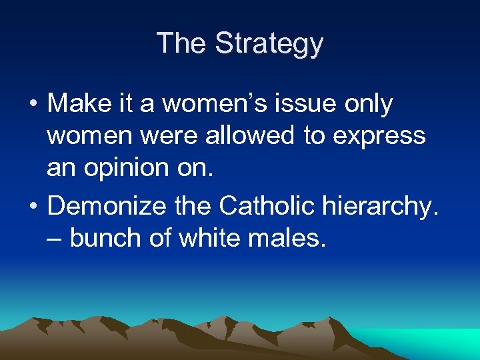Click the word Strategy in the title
pyautogui.click(x=269, y=44)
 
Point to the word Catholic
pyautogui.click(x=269, y=206)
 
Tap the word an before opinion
pyautogui.click(x=61, y=167)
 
